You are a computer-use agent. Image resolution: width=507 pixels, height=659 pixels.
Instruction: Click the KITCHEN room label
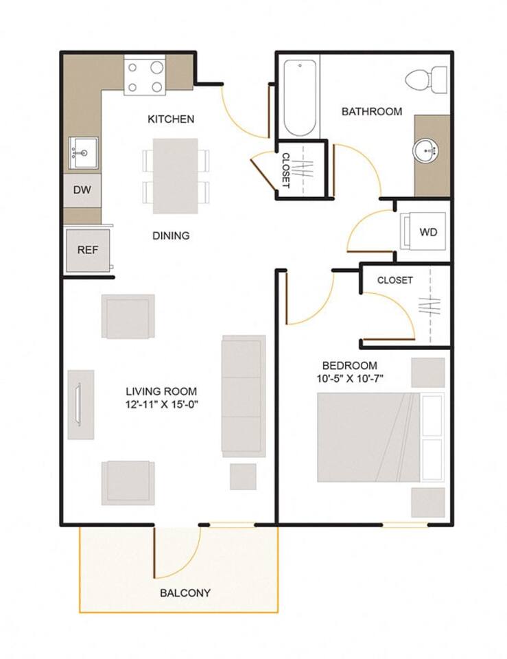pos(171,119)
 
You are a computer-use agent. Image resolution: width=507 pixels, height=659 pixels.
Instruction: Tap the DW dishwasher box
pos(82,191)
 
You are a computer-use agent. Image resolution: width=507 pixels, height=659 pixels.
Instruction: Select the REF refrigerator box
pos(87,250)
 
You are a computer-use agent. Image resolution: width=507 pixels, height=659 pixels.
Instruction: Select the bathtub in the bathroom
pos(300,97)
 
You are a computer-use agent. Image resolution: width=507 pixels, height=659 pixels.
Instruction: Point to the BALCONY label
pos(185,593)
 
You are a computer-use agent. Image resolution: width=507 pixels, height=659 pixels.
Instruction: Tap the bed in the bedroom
pos(369,437)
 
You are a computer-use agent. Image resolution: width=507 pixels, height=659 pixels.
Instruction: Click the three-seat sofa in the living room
pos(243,396)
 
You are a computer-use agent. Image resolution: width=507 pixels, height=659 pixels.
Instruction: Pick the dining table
pos(175,176)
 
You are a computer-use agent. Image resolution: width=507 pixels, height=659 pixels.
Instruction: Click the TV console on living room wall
pos(80,405)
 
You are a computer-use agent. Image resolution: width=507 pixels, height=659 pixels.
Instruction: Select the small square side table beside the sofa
pos(243,476)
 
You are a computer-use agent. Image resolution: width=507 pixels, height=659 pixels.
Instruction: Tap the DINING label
pos(171,235)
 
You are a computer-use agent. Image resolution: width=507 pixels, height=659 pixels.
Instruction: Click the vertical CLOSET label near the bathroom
pos(286,170)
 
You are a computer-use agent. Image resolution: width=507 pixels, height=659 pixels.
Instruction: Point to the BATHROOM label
pos(372,111)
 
